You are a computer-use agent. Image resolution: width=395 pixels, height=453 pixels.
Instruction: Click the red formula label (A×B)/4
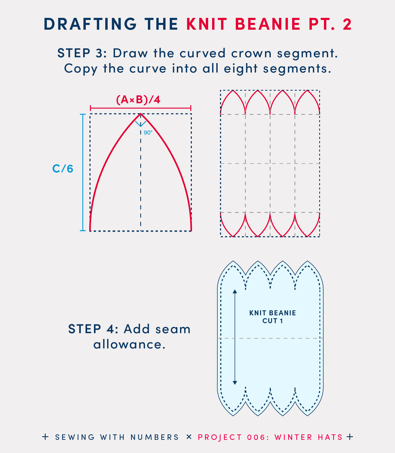(138, 100)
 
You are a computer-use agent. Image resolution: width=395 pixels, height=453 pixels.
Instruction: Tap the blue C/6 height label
(63, 169)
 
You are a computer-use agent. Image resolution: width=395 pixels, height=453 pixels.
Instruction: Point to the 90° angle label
(148, 132)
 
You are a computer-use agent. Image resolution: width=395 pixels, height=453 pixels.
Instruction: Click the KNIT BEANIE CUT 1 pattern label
(273, 317)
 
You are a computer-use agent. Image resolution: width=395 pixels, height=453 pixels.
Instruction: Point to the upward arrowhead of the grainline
(235, 291)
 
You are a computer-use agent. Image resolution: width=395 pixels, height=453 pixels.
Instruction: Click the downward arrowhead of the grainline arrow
(235, 383)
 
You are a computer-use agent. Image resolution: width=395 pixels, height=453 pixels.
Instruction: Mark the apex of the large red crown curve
(141, 114)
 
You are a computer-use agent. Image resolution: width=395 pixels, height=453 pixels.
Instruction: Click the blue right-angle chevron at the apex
(141, 124)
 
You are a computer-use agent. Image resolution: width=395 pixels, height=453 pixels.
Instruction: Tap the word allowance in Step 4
(129, 344)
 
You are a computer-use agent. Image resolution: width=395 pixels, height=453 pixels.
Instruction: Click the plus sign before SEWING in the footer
(46, 437)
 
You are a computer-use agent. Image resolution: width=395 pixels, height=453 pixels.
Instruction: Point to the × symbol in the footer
(189, 437)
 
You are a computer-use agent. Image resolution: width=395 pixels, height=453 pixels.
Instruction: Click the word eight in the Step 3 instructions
(241, 69)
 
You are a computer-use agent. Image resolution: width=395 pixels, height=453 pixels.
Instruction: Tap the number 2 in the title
(347, 24)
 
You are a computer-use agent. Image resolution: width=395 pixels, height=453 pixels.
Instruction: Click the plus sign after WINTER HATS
(350, 437)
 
